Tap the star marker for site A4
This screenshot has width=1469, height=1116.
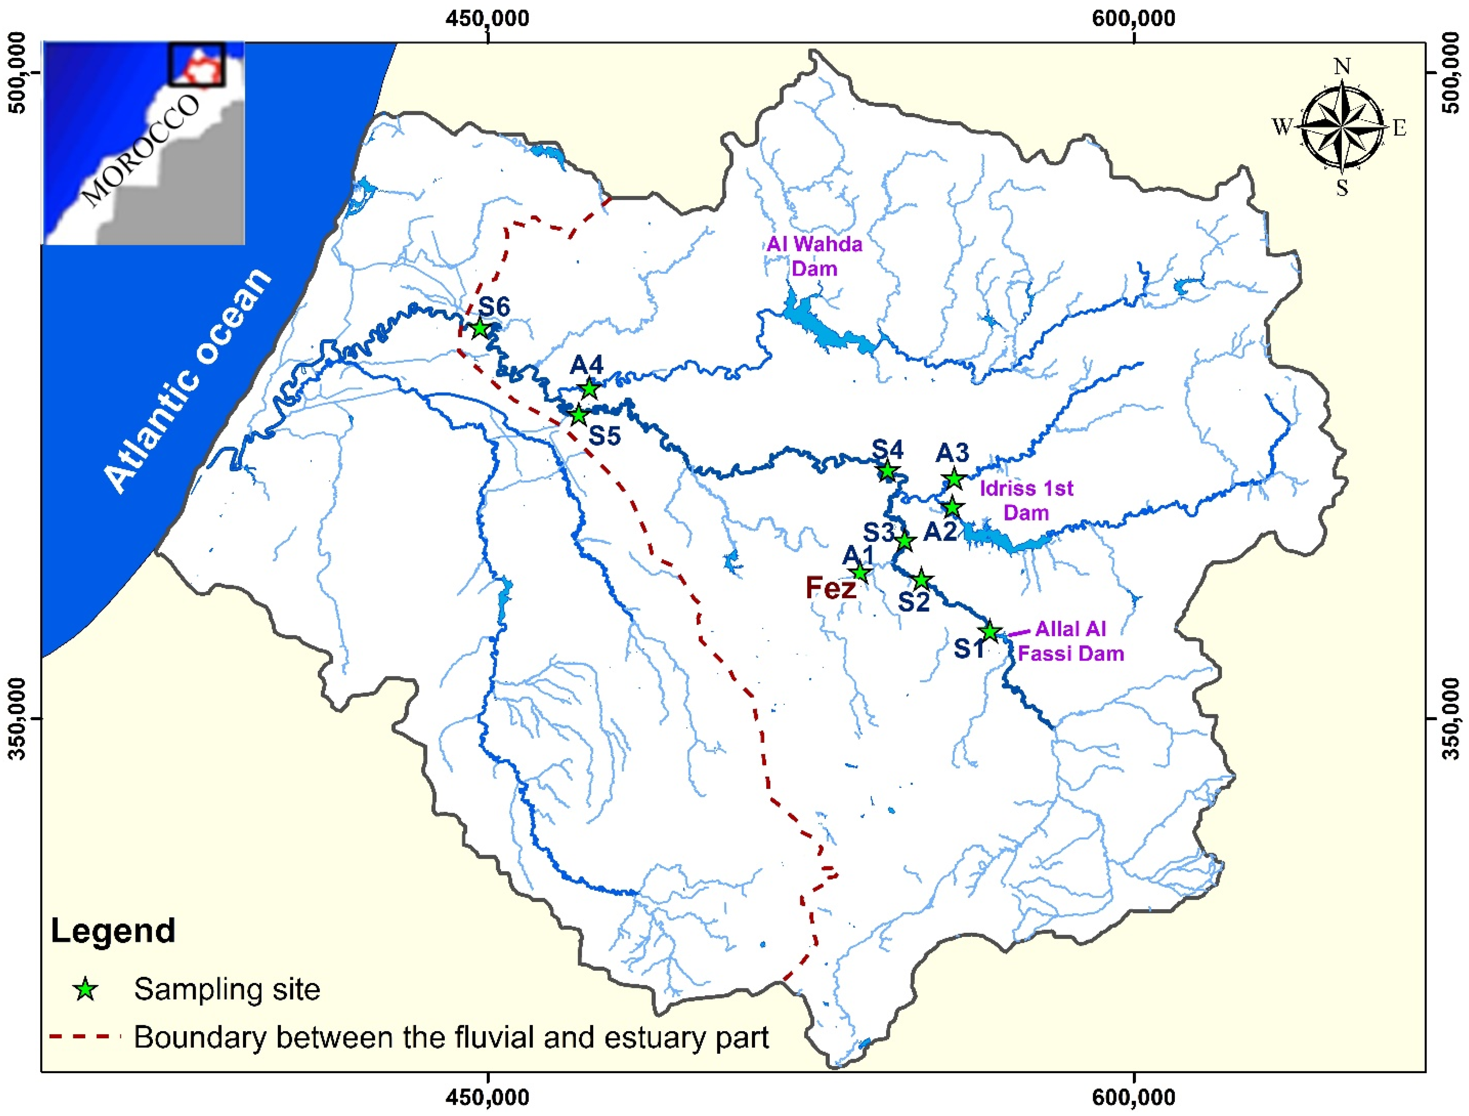tap(589, 389)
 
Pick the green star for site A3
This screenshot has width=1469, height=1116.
tap(954, 478)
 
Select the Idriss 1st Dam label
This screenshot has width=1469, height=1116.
tap(1027, 500)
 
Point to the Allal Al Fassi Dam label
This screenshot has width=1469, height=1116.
tap(1070, 641)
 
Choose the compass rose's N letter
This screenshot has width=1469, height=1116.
tap(1342, 66)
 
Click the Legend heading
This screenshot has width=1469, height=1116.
tap(113, 931)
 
